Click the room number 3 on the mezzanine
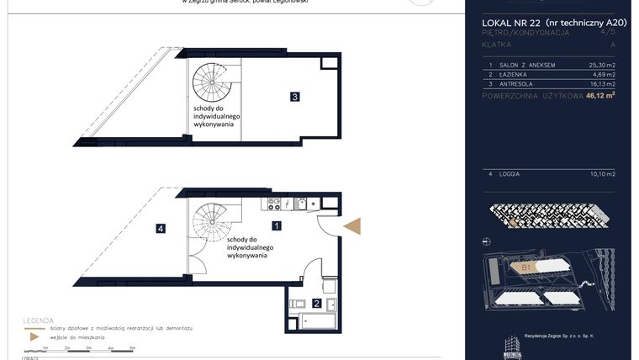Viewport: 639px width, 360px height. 294,97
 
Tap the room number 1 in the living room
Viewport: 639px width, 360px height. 277,225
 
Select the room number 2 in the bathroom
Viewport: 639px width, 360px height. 316,304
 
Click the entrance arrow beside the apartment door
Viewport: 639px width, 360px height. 353,225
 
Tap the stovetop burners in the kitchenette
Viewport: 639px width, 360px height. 274,203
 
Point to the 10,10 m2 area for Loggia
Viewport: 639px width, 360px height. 602,174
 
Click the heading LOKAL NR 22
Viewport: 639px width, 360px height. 512,22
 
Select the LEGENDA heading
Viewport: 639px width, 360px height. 41,320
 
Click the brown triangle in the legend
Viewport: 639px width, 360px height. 33,336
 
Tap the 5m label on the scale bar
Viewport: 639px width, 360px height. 132,347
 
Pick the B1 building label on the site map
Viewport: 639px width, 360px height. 527,268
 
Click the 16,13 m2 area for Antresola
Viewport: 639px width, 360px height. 602,84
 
